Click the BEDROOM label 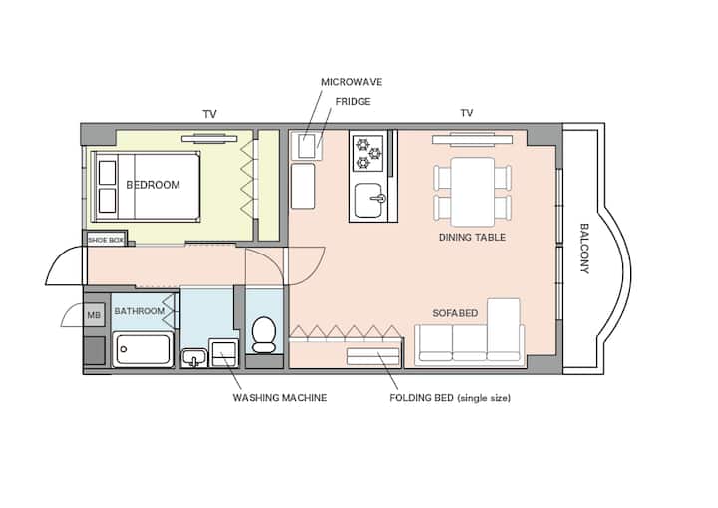(x=153, y=185)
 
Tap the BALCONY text (x=584, y=249)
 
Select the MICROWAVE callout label (x=352, y=82)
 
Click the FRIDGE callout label (x=353, y=102)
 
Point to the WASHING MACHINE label (x=280, y=398)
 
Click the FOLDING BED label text (x=450, y=398)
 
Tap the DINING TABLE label (x=472, y=238)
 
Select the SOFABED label (x=455, y=313)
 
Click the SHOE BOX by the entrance (x=106, y=240)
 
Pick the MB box (x=94, y=315)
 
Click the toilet (x=264, y=335)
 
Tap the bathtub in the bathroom (x=143, y=349)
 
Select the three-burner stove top (x=368, y=153)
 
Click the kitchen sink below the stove (x=369, y=201)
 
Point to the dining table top (x=473, y=192)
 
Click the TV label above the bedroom (x=209, y=114)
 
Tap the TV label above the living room (x=467, y=113)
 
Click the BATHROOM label (x=140, y=311)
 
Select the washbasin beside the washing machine (x=194, y=357)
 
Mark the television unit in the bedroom (x=209, y=138)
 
